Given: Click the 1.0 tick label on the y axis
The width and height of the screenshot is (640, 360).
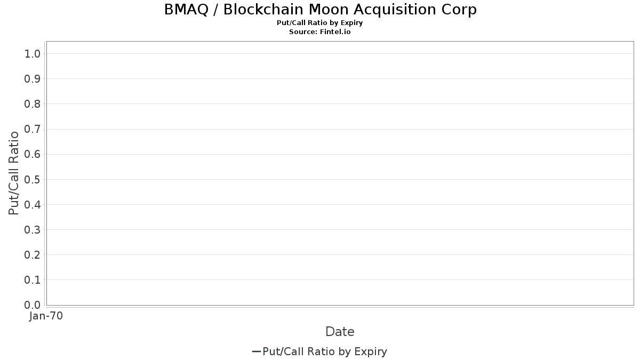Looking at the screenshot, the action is click(32, 54).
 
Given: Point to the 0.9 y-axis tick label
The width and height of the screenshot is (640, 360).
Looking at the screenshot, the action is click(32, 79).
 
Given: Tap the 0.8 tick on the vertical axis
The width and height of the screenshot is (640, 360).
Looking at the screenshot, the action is click(32, 104).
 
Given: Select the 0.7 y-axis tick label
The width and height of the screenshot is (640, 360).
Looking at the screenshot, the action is click(32, 129).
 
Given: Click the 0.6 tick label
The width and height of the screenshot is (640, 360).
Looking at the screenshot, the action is click(32, 154).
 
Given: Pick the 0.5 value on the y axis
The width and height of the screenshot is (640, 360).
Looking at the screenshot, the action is click(32, 179).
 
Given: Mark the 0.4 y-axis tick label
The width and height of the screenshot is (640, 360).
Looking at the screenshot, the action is click(32, 205).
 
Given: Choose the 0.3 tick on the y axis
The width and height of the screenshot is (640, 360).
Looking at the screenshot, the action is click(32, 230).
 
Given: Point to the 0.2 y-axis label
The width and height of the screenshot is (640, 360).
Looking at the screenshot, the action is click(32, 255).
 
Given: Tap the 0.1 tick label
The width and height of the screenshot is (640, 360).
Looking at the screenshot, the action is click(32, 280).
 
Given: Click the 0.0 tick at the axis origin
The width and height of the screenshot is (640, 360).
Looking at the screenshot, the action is click(32, 305).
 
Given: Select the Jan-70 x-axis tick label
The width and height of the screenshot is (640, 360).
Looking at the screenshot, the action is click(46, 316).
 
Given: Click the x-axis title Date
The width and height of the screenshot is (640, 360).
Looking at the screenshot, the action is click(340, 332).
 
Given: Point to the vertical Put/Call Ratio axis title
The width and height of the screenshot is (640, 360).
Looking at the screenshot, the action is click(13, 173).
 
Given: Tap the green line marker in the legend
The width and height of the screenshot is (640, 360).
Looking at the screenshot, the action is click(257, 351).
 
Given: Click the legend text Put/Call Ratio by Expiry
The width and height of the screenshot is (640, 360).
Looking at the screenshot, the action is click(325, 351).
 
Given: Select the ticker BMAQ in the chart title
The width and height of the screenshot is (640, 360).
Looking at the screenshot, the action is click(186, 10).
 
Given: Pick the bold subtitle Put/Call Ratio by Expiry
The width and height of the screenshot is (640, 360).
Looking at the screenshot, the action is click(319, 23).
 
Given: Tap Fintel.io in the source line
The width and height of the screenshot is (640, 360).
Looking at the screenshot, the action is click(335, 31).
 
